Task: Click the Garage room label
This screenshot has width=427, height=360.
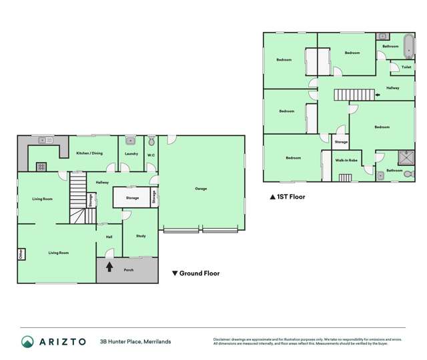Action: point(201,189)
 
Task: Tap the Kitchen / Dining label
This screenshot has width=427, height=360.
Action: point(89,153)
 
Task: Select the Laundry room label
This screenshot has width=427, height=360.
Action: point(131,154)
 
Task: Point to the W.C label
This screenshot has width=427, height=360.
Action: point(151,155)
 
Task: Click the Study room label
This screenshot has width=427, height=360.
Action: point(141,236)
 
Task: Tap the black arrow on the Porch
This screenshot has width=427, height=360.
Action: point(110,267)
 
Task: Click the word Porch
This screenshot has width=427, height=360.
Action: point(129,270)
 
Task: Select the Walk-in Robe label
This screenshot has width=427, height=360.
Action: point(346,161)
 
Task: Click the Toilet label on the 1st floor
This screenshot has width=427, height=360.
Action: point(406,67)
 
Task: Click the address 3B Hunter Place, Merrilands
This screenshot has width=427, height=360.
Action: point(135,341)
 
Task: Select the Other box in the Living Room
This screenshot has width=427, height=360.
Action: point(21,254)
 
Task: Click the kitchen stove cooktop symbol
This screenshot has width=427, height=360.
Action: point(41,167)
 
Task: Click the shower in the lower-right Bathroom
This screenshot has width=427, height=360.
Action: point(404,158)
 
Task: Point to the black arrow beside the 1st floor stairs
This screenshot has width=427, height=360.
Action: point(378,95)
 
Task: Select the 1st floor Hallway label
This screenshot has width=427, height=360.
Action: point(393,87)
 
